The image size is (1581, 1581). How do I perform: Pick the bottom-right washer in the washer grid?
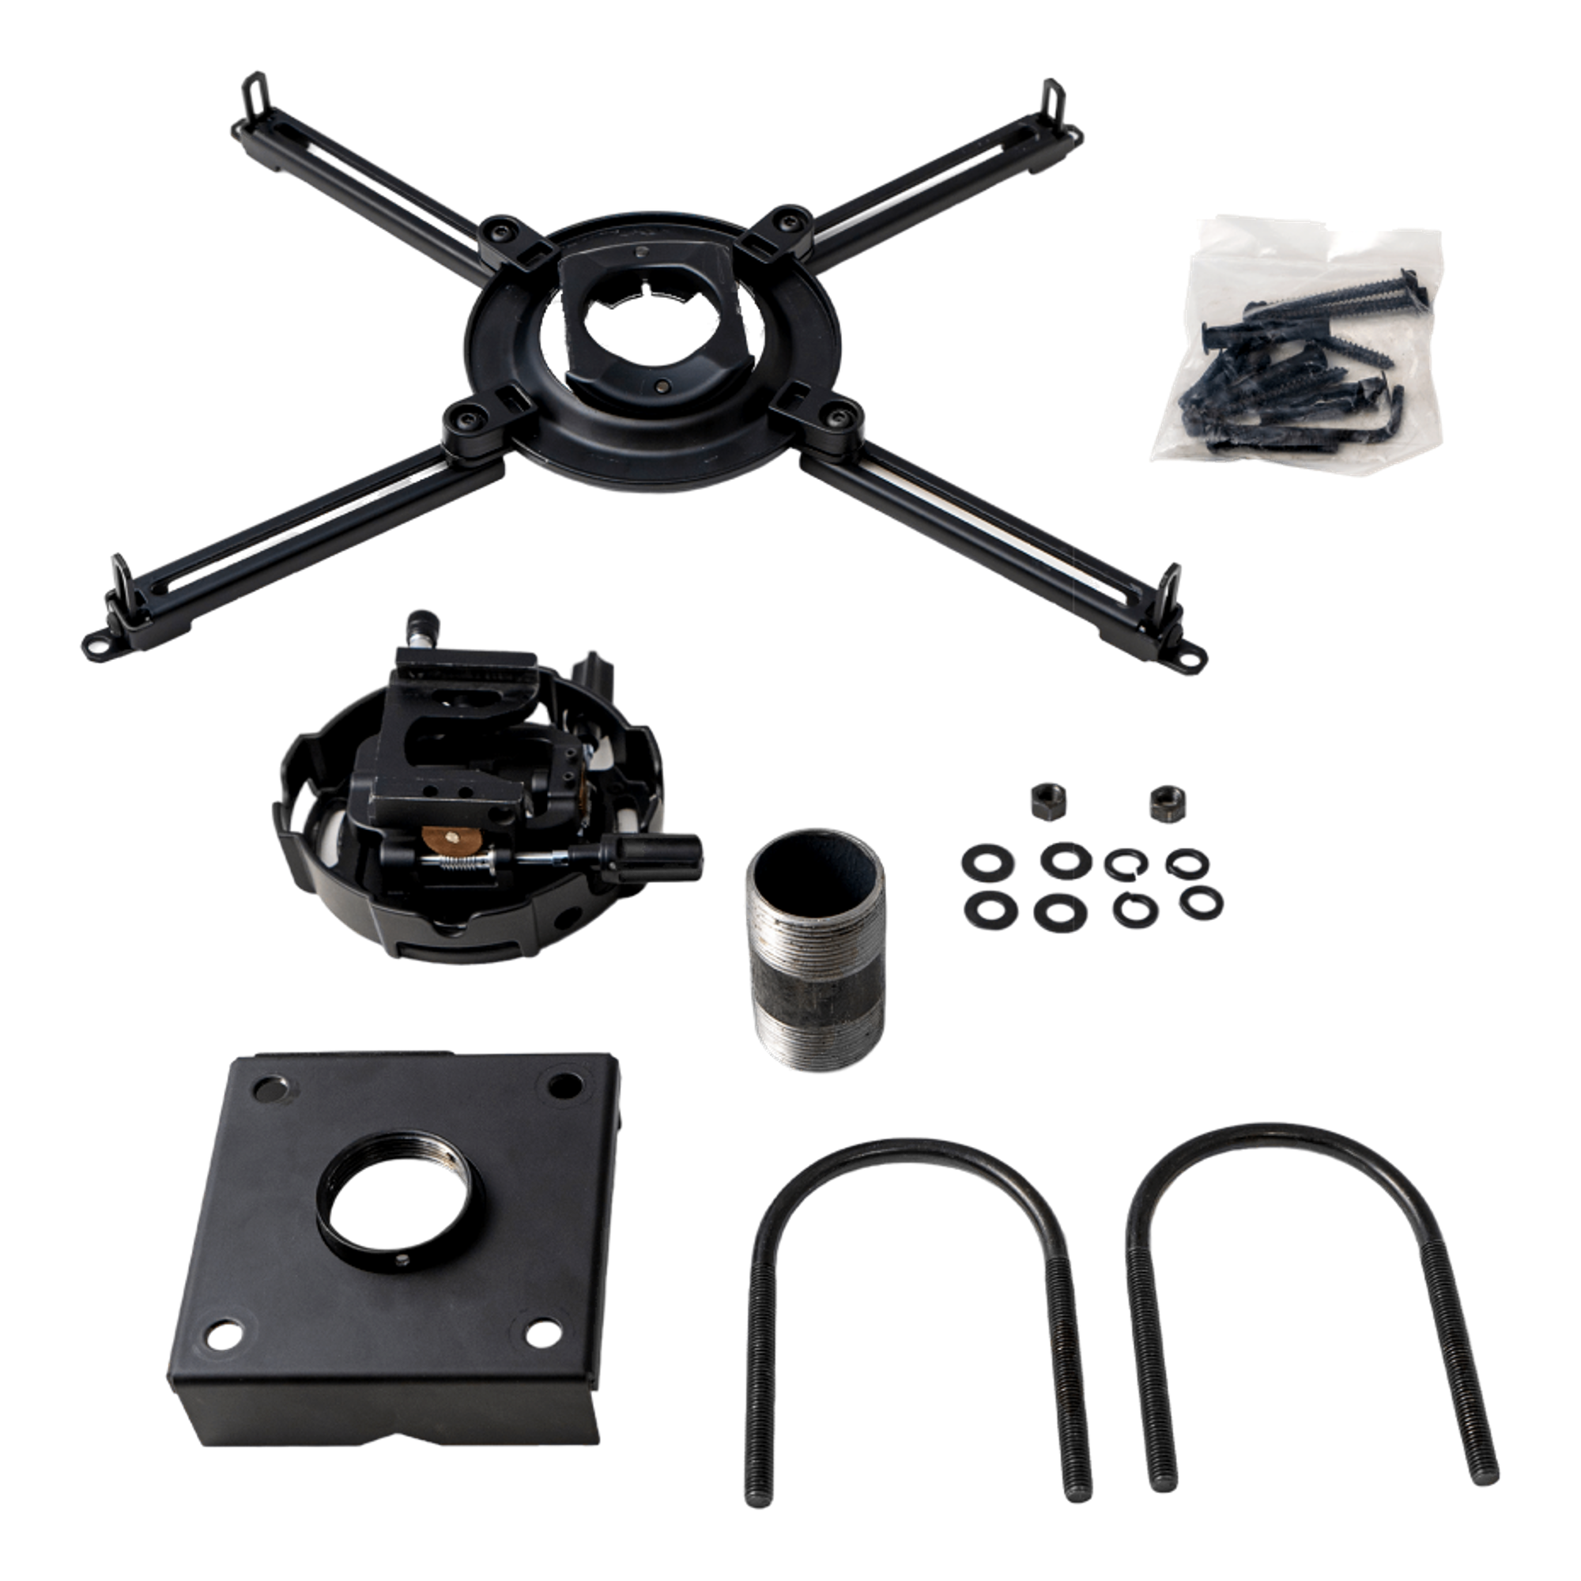[1201, 903]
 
